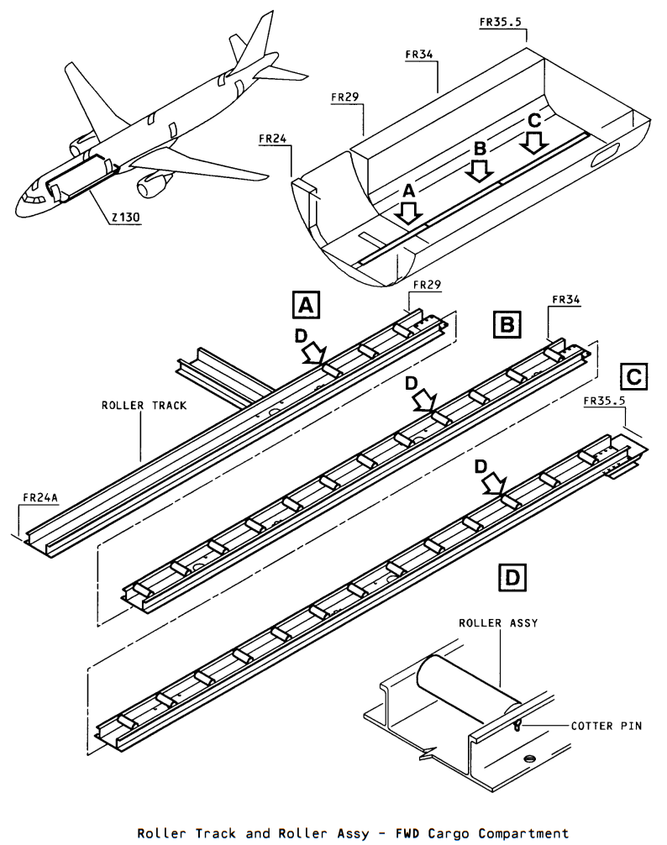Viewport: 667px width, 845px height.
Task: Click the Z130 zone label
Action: pyautogui.click(x=125, y=218)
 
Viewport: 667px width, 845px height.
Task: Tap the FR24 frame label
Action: pyautogui.click(x=273, y=139)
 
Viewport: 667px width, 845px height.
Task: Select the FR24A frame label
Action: pyautogui.click(x=40, y=497)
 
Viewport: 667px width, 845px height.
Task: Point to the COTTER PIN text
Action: pyautogui.click(x=607, y=726)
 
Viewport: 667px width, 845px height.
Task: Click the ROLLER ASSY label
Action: pyautogui.click(x=498, y=623)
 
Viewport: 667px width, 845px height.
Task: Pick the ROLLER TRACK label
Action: pyautogui.click(x=144, y=405)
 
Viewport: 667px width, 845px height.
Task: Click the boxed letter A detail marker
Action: pyautogui.click(x=306, y=305)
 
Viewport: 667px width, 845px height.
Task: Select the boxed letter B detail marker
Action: pyautogui.click(x=507, y=324)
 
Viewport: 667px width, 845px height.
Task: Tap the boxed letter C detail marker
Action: pyautogui.click(x=633, y=376)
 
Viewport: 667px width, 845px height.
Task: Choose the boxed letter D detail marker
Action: pyautogui.click(x=512, y=577)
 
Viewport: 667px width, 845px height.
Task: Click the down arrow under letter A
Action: pyautogui.click(x=408, y=213)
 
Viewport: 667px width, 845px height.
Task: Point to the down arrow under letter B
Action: pyautogui.click(x=479, y=171)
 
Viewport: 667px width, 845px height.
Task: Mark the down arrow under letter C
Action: pyautogui.click(x=534, y=142)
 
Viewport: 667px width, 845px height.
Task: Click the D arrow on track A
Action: pyautogui.click(x=314, y=354)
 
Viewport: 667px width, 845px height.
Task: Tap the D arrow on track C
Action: pyautogui.click(x=494, y=483)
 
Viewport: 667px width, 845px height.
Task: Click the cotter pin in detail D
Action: pyautogui.click(x=517, y=725)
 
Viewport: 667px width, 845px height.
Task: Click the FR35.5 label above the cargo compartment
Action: pyautogui.click(x=501, y=22)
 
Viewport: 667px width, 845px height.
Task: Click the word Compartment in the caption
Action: pyautogui.click(x=523, y=833)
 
